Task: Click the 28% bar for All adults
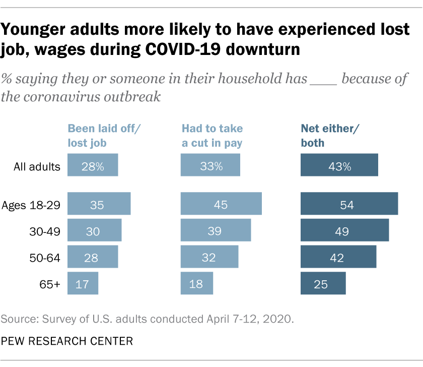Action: pos(93,166)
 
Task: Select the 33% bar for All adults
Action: pos(210,166)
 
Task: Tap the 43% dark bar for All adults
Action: pos(339,166)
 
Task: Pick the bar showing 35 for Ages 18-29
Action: pos(99,204)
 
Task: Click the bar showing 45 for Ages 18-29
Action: pos(221,204)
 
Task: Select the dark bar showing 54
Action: pos(349,204)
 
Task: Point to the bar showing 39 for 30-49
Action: pos(216,230)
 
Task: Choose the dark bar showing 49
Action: pos(344,230)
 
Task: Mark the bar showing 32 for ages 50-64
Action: pos(209,257)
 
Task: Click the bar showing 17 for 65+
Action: pos(83,283)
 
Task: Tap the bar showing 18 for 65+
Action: pos(197,283)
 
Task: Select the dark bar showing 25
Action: pos(323,283)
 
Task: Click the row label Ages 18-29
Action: pos(31,205)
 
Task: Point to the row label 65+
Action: pos(49,284)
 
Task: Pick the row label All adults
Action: pos(37,166)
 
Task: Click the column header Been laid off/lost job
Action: pos(104,135)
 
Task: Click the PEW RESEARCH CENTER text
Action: pos(66,341)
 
